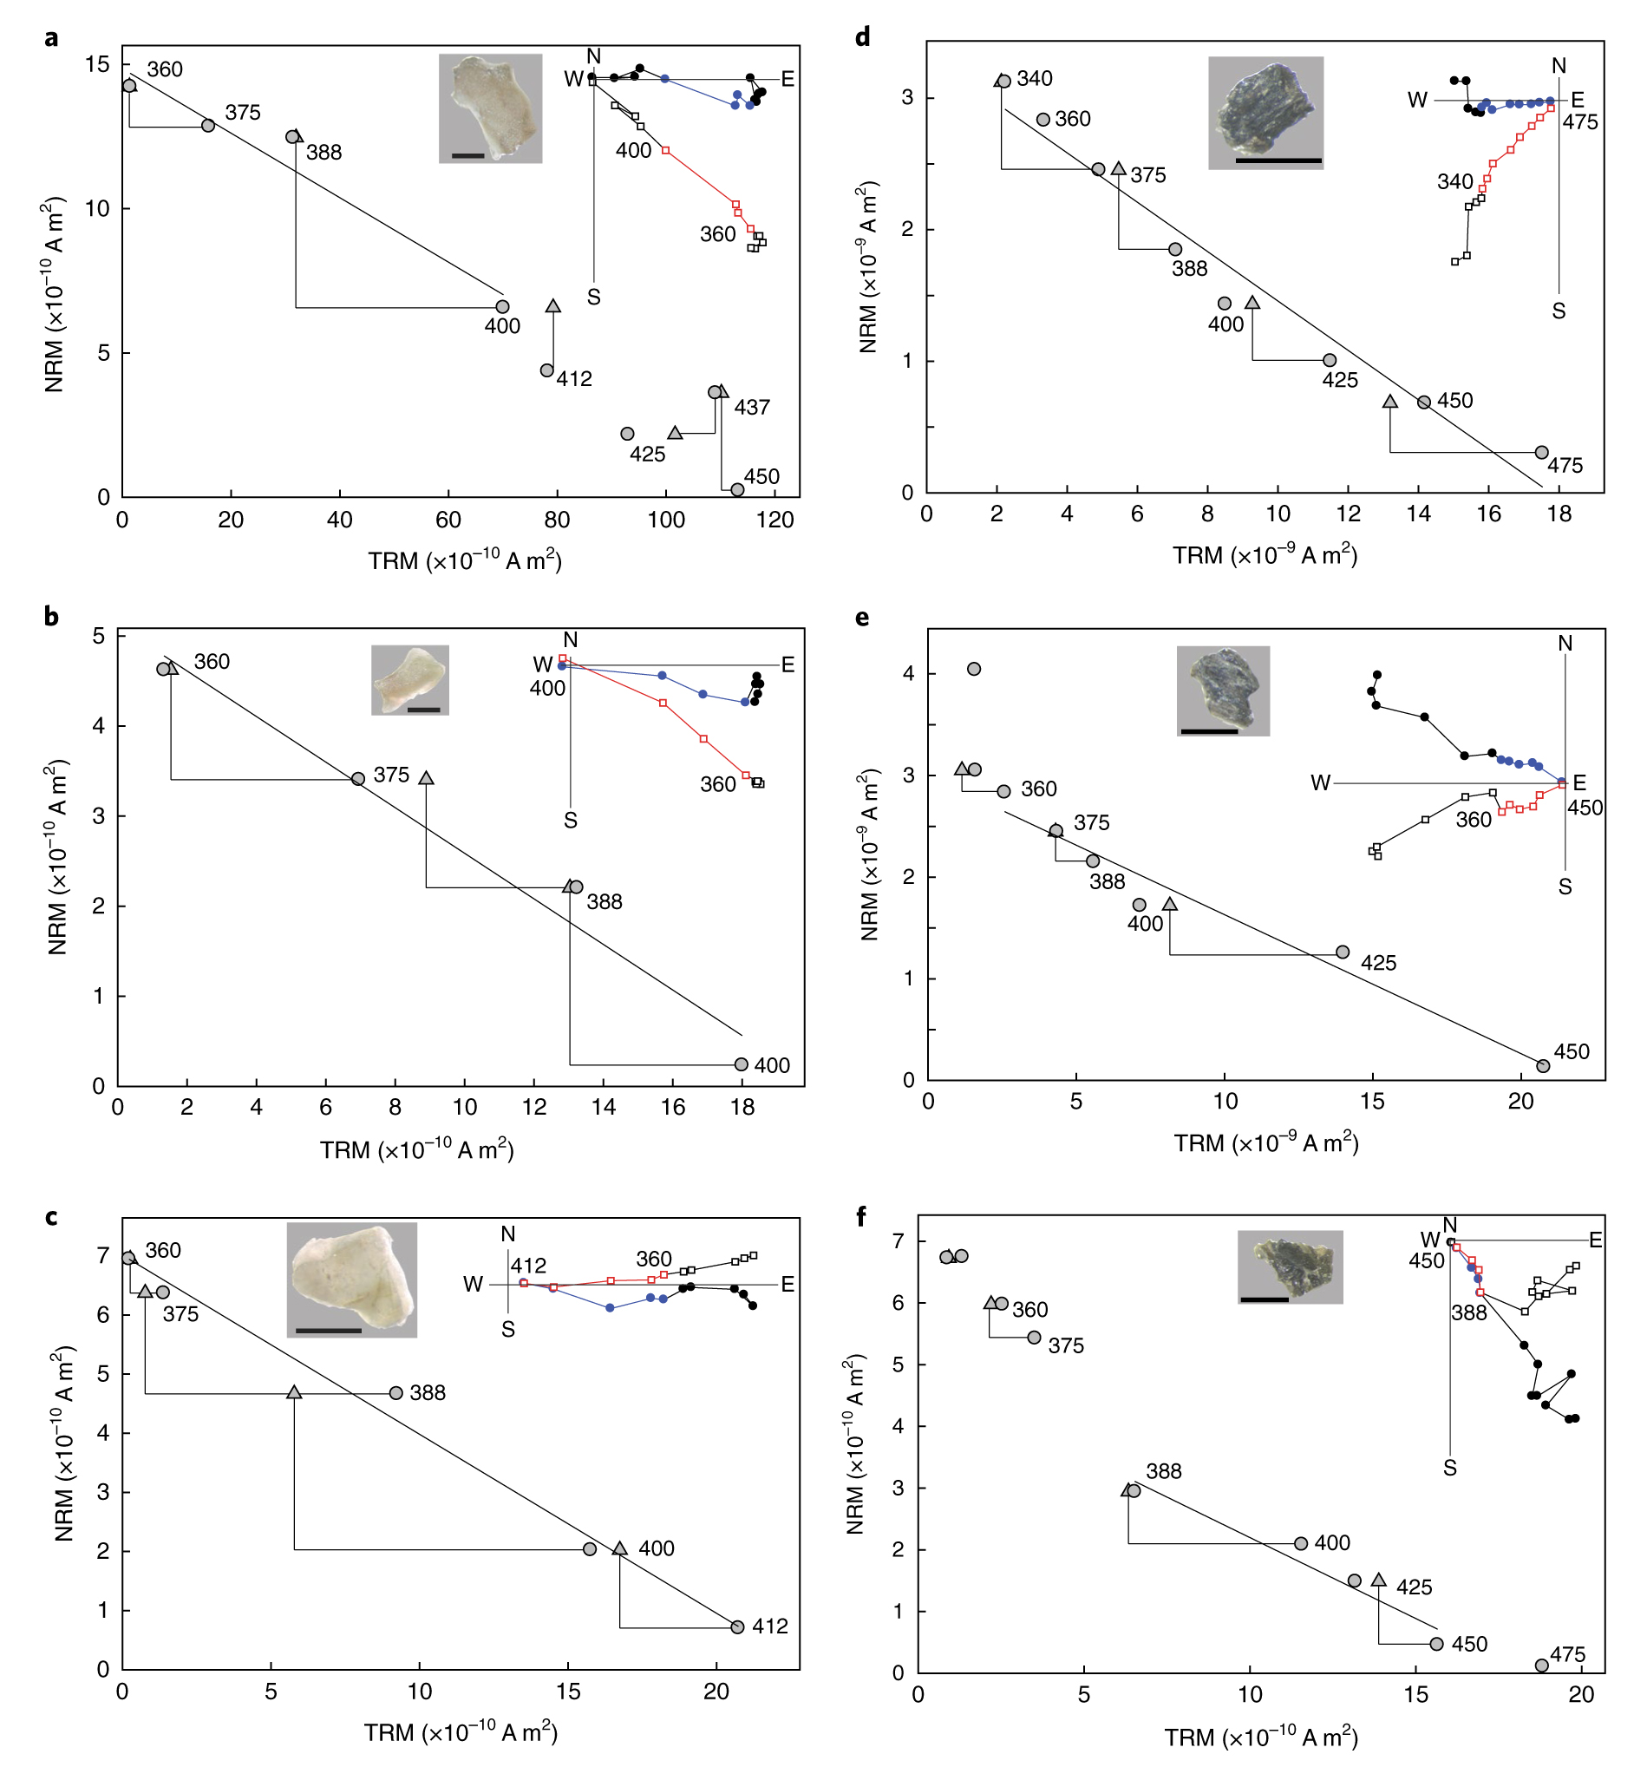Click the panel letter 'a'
51,38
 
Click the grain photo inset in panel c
351,1279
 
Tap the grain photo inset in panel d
1265,113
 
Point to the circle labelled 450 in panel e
1543,1066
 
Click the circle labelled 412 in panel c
737,1627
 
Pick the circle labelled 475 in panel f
1542,1666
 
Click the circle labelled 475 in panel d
1541,453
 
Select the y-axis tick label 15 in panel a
98,64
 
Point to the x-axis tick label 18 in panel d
1559,514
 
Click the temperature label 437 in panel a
752,408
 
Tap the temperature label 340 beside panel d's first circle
1035,79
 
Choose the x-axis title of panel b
417,1150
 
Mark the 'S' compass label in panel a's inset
594,298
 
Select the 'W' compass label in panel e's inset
1320,783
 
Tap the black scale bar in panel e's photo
1209,731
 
